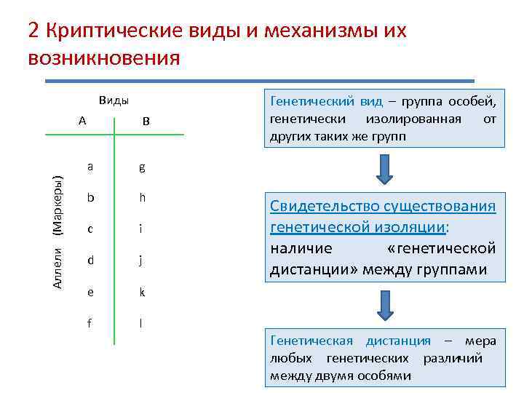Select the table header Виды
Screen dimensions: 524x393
pyautogui.click(x=114, y=101)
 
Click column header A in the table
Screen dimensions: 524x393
pyautogui.click(x=82, y=121)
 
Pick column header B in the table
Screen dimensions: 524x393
pyautogui.click(x=146, y=122)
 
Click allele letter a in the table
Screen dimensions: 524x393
pyautogui.click(x=90, y=167)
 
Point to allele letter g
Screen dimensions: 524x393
pyautogui.click(x=142, y=167)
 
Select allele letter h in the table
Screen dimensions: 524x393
pyautogui.click(x=142, y=198)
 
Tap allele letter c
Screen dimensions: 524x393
pyautogui.click(x=90, y=229)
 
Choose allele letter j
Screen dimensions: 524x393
pyautogui.click(x=142, y=260)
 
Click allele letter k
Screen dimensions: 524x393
pyautogui.click(x=143, y=292)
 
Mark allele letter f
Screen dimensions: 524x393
pyautogui.click(x=90, y=323)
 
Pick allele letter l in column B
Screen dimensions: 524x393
pyautogui.click(x=141, y=323)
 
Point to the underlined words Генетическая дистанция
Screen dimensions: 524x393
pyautogui.click(x=350, y=341)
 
